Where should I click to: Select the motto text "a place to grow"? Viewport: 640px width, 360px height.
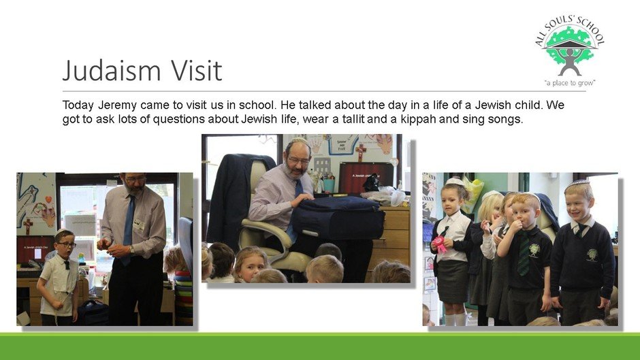[570, 83]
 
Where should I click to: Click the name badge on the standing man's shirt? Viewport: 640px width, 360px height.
[139, 224]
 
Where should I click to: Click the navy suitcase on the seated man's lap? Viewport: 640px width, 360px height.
[337, 218]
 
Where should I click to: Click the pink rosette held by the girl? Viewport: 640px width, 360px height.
[440, 244]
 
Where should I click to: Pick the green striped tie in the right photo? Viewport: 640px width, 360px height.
[524, 255]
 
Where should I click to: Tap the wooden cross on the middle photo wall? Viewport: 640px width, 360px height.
[360, 152]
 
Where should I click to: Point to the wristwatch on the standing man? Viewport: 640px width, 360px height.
[132, 249]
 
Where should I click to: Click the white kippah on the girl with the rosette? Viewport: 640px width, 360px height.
[455, 182]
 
